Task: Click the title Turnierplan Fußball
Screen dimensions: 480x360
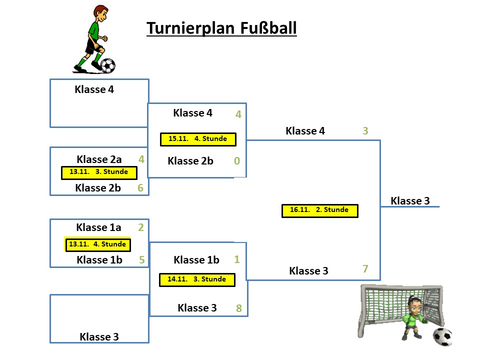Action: click(x=221, y=28)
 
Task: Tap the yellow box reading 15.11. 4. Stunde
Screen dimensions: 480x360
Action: click(x=198, y=139)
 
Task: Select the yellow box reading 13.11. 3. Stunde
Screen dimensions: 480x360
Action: click(x=99, y=172)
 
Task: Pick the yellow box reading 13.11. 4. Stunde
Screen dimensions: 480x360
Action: click(x=98, y=244)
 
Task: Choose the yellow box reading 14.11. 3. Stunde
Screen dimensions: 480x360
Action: click(x=197, y=279)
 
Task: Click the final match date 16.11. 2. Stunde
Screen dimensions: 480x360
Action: click(x=319, y=210)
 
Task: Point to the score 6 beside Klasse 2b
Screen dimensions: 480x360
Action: click(x=140, y=188)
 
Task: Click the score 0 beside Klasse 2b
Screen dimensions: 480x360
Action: click(x=237, y=161)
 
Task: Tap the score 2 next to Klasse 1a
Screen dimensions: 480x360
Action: click(x=141, y=227)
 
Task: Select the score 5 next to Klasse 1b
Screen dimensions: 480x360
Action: click(x=141, y=260)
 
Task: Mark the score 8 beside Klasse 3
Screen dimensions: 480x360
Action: click(x=239, y=308)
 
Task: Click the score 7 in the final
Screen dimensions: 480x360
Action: click(x=365, y=269)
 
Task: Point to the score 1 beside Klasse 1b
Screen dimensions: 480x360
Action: click(x=237, y=259)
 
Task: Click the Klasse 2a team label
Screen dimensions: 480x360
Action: click(x=99, y=159)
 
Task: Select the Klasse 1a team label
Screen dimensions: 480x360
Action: click(x=98, y=227)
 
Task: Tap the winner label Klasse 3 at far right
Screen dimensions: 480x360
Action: click(x=410, y=201)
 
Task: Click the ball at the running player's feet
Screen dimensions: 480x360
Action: click(x=108, y=65)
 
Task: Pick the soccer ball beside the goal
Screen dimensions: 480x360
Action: click(x=442, y=336)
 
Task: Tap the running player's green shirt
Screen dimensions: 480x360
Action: click(x=93, y=31)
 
